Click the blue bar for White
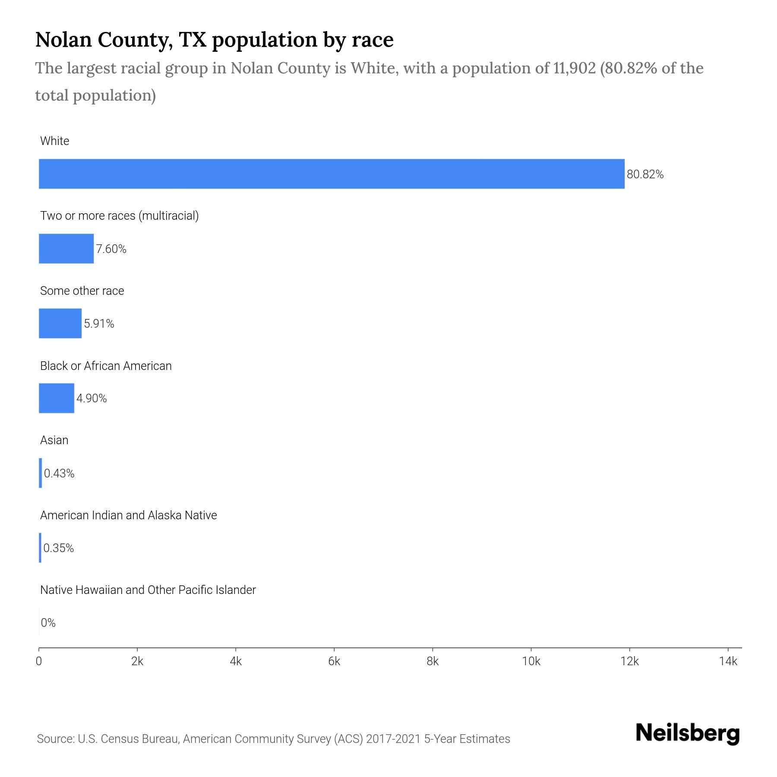[x=332, y=174]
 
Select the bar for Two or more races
[x=66, y=249]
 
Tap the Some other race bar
[x=60, y=323]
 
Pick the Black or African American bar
[x=57, y=398]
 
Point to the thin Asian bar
[x=41, y=473]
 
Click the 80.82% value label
[x=645, y=174]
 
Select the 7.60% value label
[x=111, y=249]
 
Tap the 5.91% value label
[x=99, y=324]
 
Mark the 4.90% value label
[x=92, y=398]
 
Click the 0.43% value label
[x=59, y=474]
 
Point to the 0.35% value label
[x=59, y=548]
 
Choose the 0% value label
[x=48, y=623]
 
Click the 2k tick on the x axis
[x=137, y=661]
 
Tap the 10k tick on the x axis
[x=531, y=661]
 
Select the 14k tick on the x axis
[x=728, y=661]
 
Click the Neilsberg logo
[x=688, y=733]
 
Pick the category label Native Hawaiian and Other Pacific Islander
[x=148, y=590]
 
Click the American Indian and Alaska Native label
[x=128, y=515]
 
